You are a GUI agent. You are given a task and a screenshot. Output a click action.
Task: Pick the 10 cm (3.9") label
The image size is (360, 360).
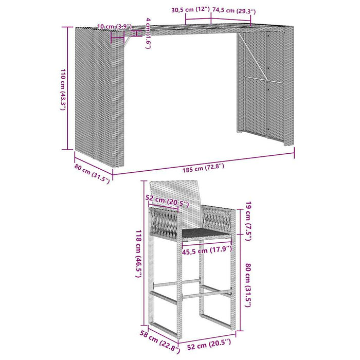pos(114,26)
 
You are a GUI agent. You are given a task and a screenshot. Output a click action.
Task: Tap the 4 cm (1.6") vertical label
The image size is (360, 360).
pos(148,33)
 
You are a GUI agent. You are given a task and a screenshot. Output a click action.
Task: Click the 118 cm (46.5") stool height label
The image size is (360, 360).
pos(138,254)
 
